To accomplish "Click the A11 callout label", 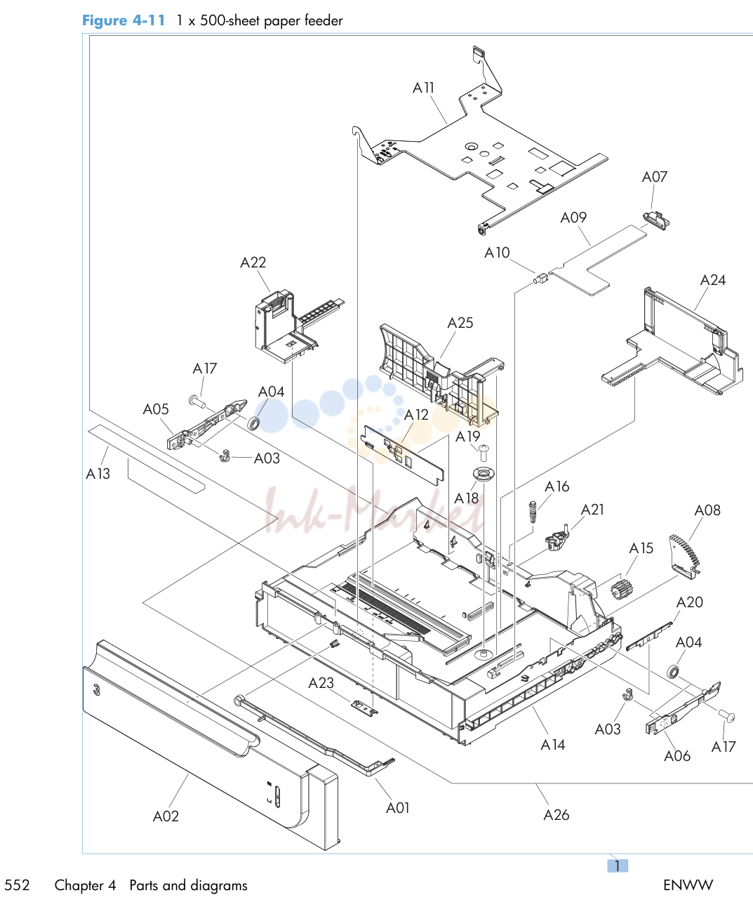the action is [x=423, y=88].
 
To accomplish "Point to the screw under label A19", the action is [x=484, y=452].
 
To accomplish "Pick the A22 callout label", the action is [x=253, y=263].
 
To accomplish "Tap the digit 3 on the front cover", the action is [x=96, y=689].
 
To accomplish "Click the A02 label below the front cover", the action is [x=166, y=816].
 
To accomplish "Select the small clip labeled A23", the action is [x=364, y=708].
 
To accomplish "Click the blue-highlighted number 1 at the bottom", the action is [x=617, y=866].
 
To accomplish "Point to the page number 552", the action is [x=17, y=885].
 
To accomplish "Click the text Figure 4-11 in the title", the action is [x=124, y=20].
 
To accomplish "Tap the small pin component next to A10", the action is [x=540, y=279].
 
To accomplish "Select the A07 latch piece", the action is [x=656, y=220].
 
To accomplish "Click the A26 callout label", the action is [x=557, y=815].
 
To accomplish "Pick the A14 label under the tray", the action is [x=553, y=745].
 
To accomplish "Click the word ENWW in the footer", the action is [x=688, y=885].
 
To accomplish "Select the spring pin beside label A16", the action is [x=533, y=512].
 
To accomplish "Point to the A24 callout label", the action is [x=712, y=280].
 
